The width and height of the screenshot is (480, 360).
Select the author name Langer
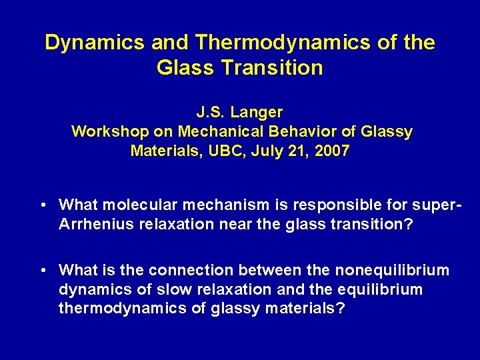click(x=260, y=112)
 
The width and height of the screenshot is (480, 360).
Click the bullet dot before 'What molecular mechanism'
click(x=42, y=205)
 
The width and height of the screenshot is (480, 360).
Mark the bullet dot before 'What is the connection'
click(x=42, y=271)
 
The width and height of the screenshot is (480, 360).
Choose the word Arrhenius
click(x=96, y=223)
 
